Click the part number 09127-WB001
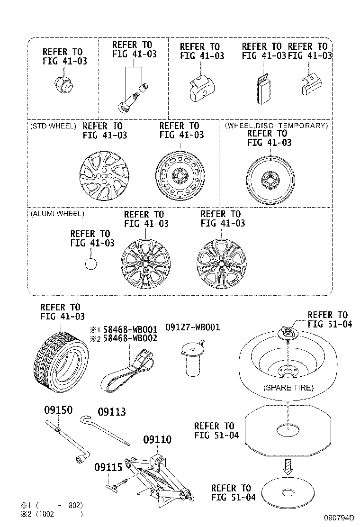(x=192, y=327)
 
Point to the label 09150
(x=59, y=410)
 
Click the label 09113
(x=112, y=411)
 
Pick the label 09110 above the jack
(x=157, y=440)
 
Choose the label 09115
(x=108, y=467)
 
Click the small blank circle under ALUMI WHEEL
(x=90, y=263)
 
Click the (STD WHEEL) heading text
(x=53, y=126)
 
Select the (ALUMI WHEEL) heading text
(x=57, y=214)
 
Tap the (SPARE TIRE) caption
(x=288, y=387)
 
